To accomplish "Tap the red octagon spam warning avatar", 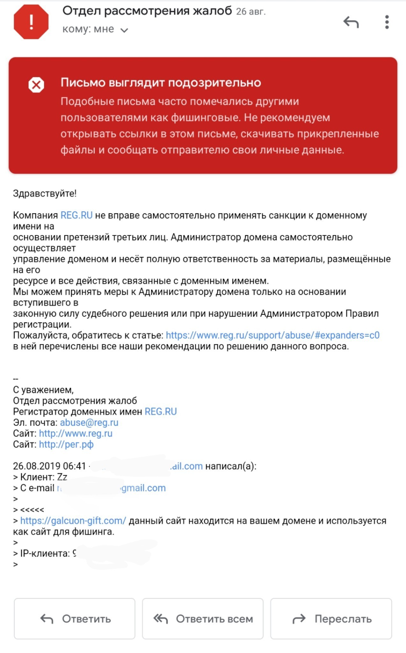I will (31, 22).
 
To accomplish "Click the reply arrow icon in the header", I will (351, 22).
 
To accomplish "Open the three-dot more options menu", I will (387, 22).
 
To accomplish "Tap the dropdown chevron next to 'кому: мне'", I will (124, 30).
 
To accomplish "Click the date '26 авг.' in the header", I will (250, 12).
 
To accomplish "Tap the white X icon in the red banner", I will (36, 85).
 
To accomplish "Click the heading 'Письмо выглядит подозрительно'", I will (161, 83).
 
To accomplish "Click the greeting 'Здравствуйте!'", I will (45, 194).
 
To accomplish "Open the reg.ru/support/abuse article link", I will (272, 335).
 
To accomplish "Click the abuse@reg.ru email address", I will (89, 422).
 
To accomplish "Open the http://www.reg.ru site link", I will (76, 433).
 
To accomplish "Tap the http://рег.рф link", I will (66, 444).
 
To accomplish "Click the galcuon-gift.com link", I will (73, 521).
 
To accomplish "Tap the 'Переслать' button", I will (331, 619).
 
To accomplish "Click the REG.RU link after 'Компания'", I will (76, 215).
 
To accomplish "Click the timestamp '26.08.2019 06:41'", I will (49, 466).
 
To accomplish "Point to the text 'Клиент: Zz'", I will (44, 477).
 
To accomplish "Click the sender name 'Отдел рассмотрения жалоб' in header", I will (147, 11).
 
